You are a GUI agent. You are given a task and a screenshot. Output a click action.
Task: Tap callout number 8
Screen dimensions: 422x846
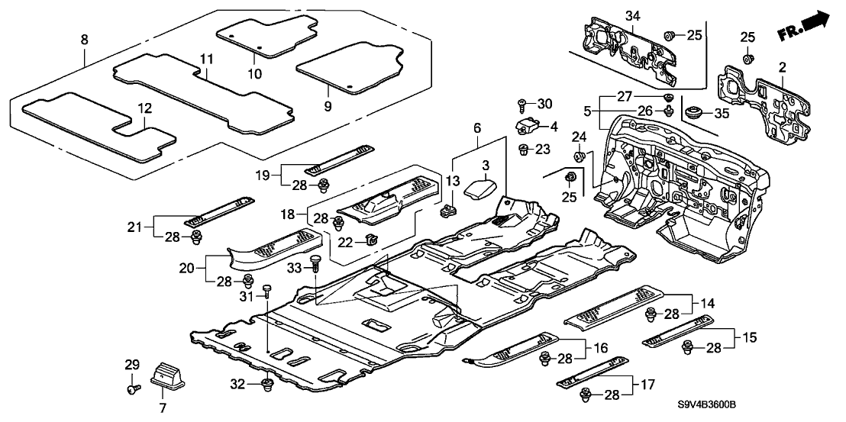(x=84, y=37)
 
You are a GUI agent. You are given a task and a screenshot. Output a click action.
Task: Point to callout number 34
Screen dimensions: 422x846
(x=632, y=16)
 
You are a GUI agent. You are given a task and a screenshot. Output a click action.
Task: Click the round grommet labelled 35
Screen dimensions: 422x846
(x=695, y=114)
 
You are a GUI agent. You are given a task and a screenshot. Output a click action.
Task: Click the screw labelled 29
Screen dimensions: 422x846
(x=131, y=389)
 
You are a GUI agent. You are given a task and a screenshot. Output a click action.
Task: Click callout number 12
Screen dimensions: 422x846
(x=142, y=110)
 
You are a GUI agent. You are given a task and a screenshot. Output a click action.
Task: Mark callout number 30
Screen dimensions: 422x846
(x=544, y=103)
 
